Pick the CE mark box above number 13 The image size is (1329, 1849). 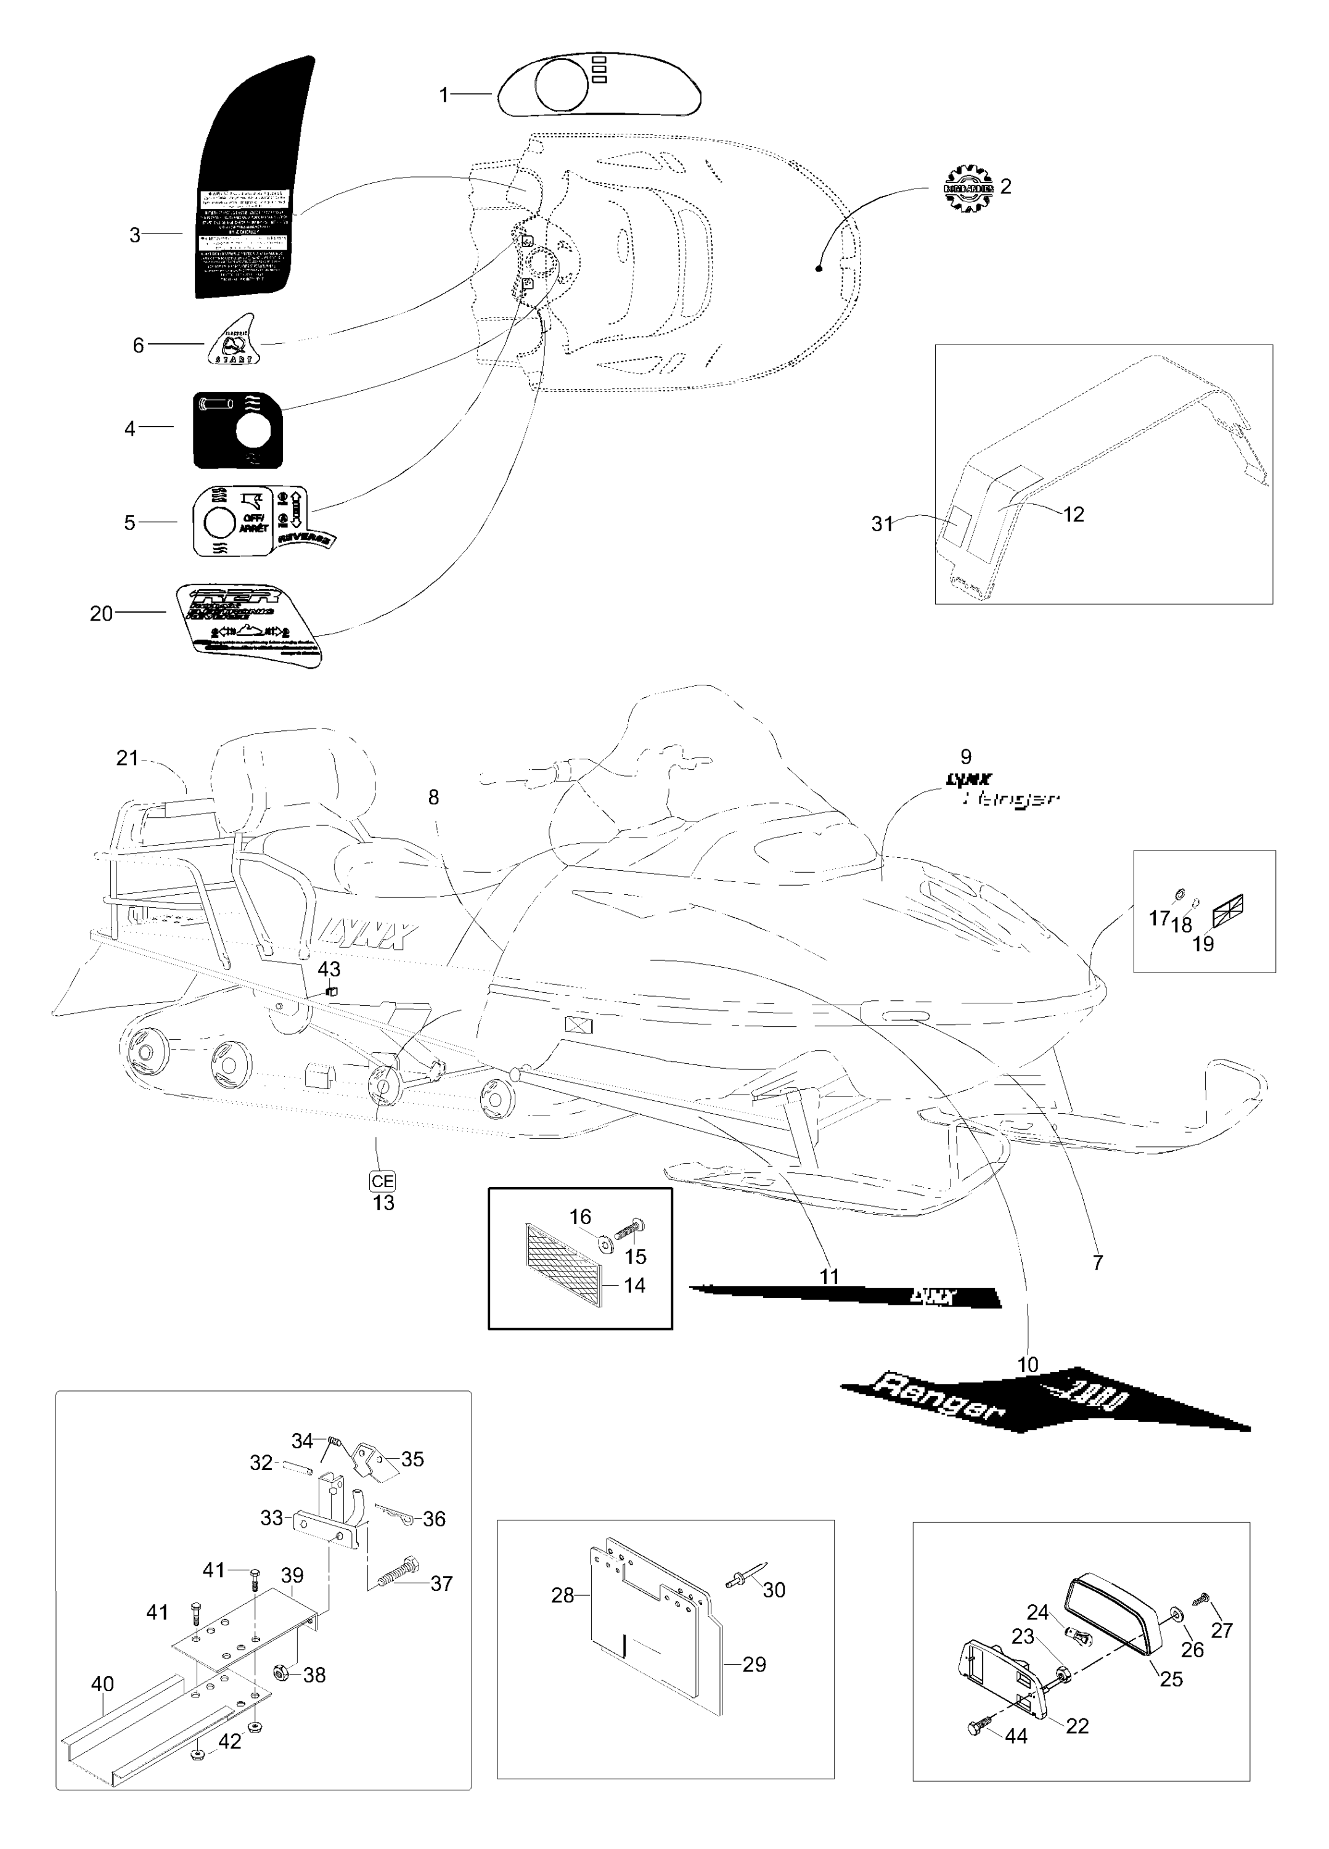click(x=382, y=1182)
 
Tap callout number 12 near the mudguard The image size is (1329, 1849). click(x=1073, y=515)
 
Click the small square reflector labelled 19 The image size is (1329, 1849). click(x=1228, y=911)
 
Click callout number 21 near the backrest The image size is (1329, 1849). click(x=126, y=758)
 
